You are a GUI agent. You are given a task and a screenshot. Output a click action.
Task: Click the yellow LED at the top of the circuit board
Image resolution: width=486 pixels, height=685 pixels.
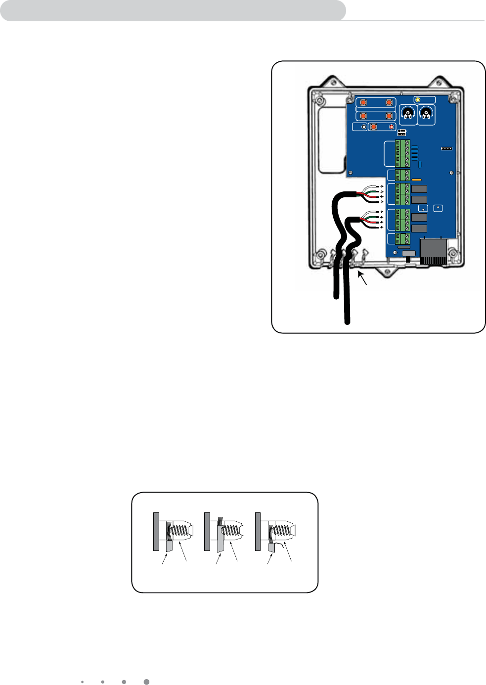[x=418, y=99]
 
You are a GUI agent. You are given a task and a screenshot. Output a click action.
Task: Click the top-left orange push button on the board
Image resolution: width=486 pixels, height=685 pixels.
[x=363, y=103]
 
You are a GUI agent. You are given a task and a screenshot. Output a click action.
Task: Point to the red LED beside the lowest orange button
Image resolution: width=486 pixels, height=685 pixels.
[x=392, y=127]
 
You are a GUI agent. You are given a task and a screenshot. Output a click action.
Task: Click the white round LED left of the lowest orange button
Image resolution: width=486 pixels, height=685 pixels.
[x=364, y=127]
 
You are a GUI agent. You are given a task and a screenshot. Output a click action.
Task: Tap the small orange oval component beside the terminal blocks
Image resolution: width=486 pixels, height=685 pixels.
[x=416, y=180]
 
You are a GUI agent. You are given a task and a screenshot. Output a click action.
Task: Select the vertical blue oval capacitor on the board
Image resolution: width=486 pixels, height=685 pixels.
[x=420, y=165]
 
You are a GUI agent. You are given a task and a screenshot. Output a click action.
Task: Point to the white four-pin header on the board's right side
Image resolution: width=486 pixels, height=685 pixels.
[x=446, y=148]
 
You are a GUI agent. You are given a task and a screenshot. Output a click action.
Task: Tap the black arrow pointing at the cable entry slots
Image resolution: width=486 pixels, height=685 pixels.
[x=363, y=278]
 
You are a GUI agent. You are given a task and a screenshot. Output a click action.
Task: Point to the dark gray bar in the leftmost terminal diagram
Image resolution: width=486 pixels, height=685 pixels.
[x=156, y=531]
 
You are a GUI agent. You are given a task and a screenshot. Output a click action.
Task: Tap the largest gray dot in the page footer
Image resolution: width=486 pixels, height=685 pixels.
[x=146, y=682]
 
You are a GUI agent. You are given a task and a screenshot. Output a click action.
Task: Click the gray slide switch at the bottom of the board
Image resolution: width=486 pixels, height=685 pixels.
[x=409, y=253]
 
